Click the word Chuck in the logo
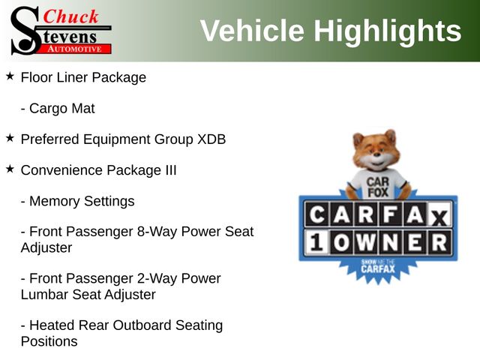pos(70,16)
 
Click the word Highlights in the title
pos(388,31)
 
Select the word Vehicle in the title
pos(252,31)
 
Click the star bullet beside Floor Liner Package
pos(10,76)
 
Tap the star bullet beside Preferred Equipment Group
pos(10,138)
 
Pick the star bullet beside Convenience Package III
pos(10,169)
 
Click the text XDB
pos(211,139)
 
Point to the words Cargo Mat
pos(61,109)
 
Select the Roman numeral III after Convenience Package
pos(171,170)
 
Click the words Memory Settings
pos(82,202)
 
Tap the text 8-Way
pos(157,232)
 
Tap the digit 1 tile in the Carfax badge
pos(316,243)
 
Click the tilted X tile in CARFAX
pos(439,217)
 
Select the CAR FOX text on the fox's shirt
pos(378,187)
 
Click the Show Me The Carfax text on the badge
pos(378,265)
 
